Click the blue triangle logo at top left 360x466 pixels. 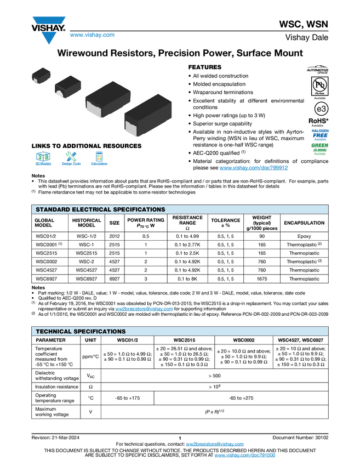[49, 38]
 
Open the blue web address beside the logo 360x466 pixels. [92, 36]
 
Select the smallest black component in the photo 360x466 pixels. [41, 75]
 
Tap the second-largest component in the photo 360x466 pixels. [107, 98]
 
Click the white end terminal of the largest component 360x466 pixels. [130, 128]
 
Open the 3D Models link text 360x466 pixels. [43, 164]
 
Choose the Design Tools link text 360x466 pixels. [71, 164]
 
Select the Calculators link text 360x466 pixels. [99, 164]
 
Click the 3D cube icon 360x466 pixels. [43, 156]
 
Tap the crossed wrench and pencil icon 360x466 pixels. [71, 156]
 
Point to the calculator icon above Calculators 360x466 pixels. [99, 156]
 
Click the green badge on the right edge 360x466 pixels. [320, 149]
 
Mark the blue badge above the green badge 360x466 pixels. [320, 134]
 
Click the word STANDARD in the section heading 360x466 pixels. [53, 209]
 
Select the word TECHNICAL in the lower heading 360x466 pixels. [54, 332]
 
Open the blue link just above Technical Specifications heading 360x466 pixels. [144, 309]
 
